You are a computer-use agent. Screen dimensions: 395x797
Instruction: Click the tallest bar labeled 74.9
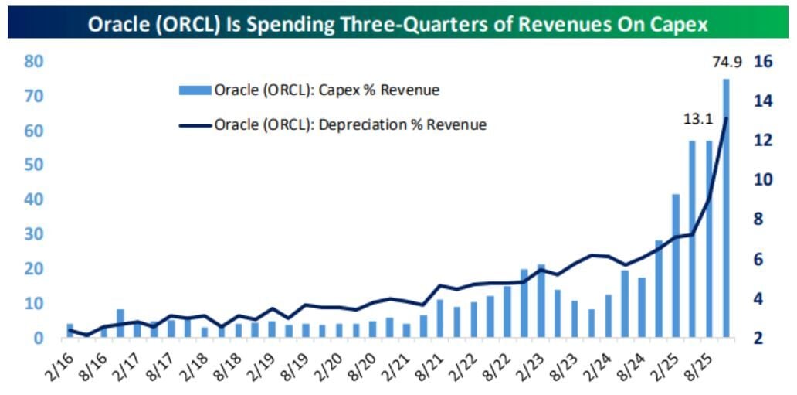pyautogui.click(x=726, y=209)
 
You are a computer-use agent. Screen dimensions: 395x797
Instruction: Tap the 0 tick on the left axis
pyautogui.click(x=38, y=338)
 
